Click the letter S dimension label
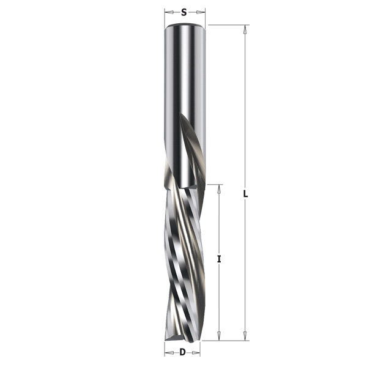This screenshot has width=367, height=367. (184, 12)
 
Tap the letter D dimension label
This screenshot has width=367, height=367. (182, 352)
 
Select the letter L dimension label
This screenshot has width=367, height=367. (245, 194)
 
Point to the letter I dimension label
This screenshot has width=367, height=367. (219, 259)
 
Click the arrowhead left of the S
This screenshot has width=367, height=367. (169, 12)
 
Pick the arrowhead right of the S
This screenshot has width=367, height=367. (201, 12)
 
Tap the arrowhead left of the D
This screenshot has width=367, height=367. (169, 352)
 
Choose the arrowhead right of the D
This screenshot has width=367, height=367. (196, 352)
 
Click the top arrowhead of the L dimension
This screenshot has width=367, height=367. (245, 29)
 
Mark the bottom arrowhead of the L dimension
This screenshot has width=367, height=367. (245, 336)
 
